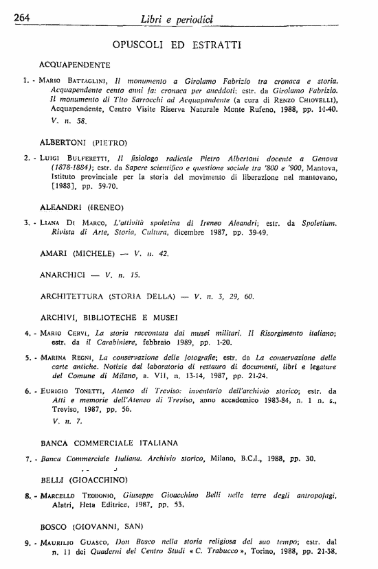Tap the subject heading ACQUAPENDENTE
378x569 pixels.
(x=76, y=65)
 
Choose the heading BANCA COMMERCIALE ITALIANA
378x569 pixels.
(x=109, y=442)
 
